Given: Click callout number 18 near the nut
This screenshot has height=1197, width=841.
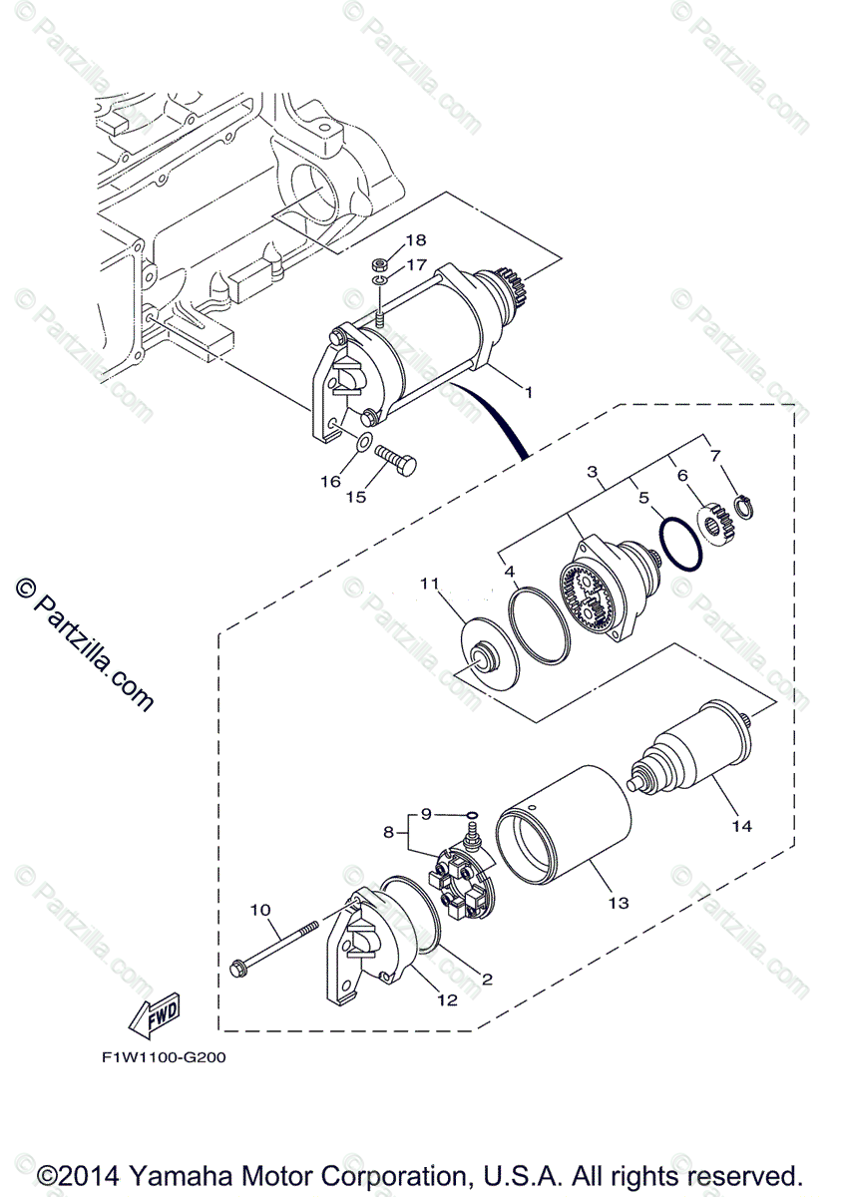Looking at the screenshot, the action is (x=416, y=240).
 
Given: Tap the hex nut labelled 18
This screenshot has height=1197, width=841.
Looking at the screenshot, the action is (x=380, y=265).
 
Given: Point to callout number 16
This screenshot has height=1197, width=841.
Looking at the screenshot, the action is (x=330, y=482).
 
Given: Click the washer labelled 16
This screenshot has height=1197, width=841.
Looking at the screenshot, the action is (x=365, y=441).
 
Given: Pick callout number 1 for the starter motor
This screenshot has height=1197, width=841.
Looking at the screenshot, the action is (x=530, y=392).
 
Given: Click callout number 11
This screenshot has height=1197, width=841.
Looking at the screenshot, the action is (x=429, y=584).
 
